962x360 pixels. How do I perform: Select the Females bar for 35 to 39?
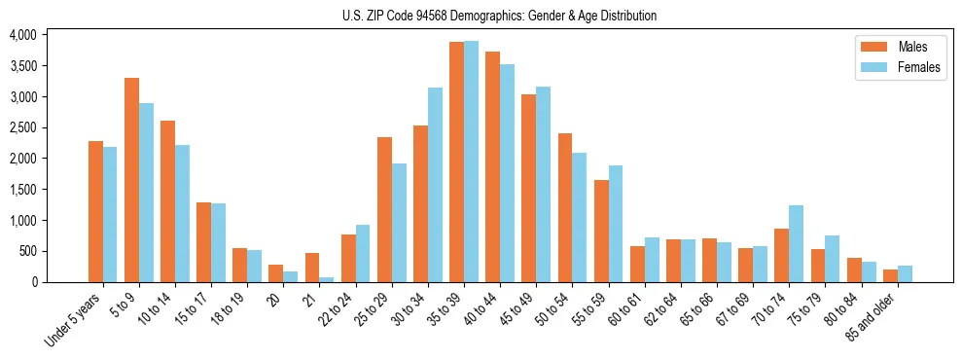click(x=471, y=162)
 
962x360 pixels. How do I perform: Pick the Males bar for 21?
click(x=312, y=268)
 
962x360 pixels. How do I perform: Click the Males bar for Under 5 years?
click(x=95, y=211)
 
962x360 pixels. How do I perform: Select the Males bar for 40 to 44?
click(x=492, y=166)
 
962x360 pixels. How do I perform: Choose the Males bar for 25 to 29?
click(x=384, y=209)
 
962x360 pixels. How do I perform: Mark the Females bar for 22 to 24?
click(x=363, y=253)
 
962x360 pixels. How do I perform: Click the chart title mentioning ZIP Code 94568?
click(x=499, y=16)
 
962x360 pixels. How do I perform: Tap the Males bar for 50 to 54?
click(x=565, y=207)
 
